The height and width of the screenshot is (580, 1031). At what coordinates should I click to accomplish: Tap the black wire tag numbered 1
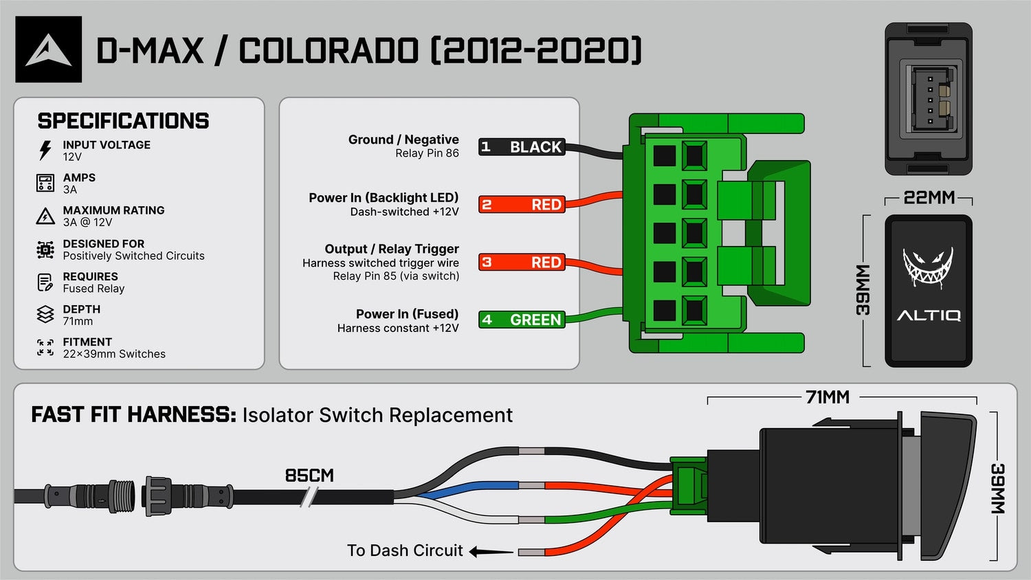pos(522,147)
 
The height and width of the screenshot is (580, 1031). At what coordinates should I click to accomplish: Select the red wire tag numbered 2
pos(522,204)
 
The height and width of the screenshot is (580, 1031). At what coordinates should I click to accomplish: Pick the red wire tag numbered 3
pos(522,262)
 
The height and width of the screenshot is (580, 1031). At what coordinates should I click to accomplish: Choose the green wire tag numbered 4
pos(522,320)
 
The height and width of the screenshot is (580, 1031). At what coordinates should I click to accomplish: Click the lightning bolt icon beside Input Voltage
pos(45,150)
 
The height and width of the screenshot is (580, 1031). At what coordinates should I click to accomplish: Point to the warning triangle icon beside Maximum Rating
pos(45,216)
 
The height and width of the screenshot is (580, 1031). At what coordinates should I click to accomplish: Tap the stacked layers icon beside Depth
pos(45,315)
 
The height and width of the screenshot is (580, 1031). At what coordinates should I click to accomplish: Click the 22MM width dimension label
pos(929,197)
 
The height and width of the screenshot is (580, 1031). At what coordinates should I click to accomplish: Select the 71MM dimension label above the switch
pos(828,397)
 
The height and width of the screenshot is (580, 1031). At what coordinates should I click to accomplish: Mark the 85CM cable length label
pos(309,476)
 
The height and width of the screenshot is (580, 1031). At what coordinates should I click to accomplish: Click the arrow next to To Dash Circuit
pos(491,551)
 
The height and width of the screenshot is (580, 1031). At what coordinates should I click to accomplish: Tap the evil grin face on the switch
pos(929,267)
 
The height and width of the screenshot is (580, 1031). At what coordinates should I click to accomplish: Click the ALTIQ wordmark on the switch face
pos(929,316)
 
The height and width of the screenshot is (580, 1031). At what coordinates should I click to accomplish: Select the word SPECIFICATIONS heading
pos(123,121)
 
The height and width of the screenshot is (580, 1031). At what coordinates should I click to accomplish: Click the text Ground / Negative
pos(403,140)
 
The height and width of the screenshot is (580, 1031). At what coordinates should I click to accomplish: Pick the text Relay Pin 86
pos(427,153)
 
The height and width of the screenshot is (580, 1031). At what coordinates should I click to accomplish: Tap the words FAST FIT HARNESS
pos(133,415)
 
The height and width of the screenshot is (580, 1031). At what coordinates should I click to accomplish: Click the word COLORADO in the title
pos(329,51)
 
